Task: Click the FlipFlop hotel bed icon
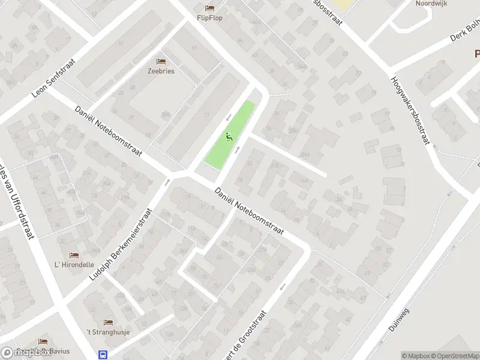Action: coord(209,8)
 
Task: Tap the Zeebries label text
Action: coord(161,71)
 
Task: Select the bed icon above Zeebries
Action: coord(161,61)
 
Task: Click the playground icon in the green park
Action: coord(229,137)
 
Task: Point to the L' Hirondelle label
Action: coord(74,265)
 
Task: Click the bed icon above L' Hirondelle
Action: coord(74,256)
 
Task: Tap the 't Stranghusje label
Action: coord(109,332)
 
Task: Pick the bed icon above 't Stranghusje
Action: coord(109,322)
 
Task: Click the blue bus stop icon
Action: coord(103,354)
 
